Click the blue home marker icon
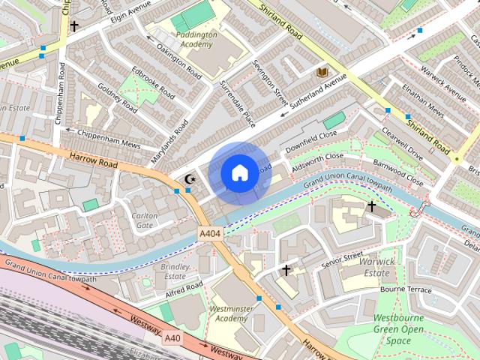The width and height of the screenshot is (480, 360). point(239,173)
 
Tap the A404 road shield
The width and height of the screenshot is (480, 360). point(211,235)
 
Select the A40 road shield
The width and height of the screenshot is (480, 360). point(173,338)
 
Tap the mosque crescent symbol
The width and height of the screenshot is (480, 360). point(190,178)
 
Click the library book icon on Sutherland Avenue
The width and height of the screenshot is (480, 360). point(322,72)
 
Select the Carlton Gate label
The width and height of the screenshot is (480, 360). point(144,220)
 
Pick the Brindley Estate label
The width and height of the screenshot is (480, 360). point(174,271)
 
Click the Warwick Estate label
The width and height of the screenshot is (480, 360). point(377,266)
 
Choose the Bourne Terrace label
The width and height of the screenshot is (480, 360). point(406,289)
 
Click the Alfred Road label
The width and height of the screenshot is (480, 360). point(184,288)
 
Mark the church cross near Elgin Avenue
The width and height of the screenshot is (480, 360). point(74,26)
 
